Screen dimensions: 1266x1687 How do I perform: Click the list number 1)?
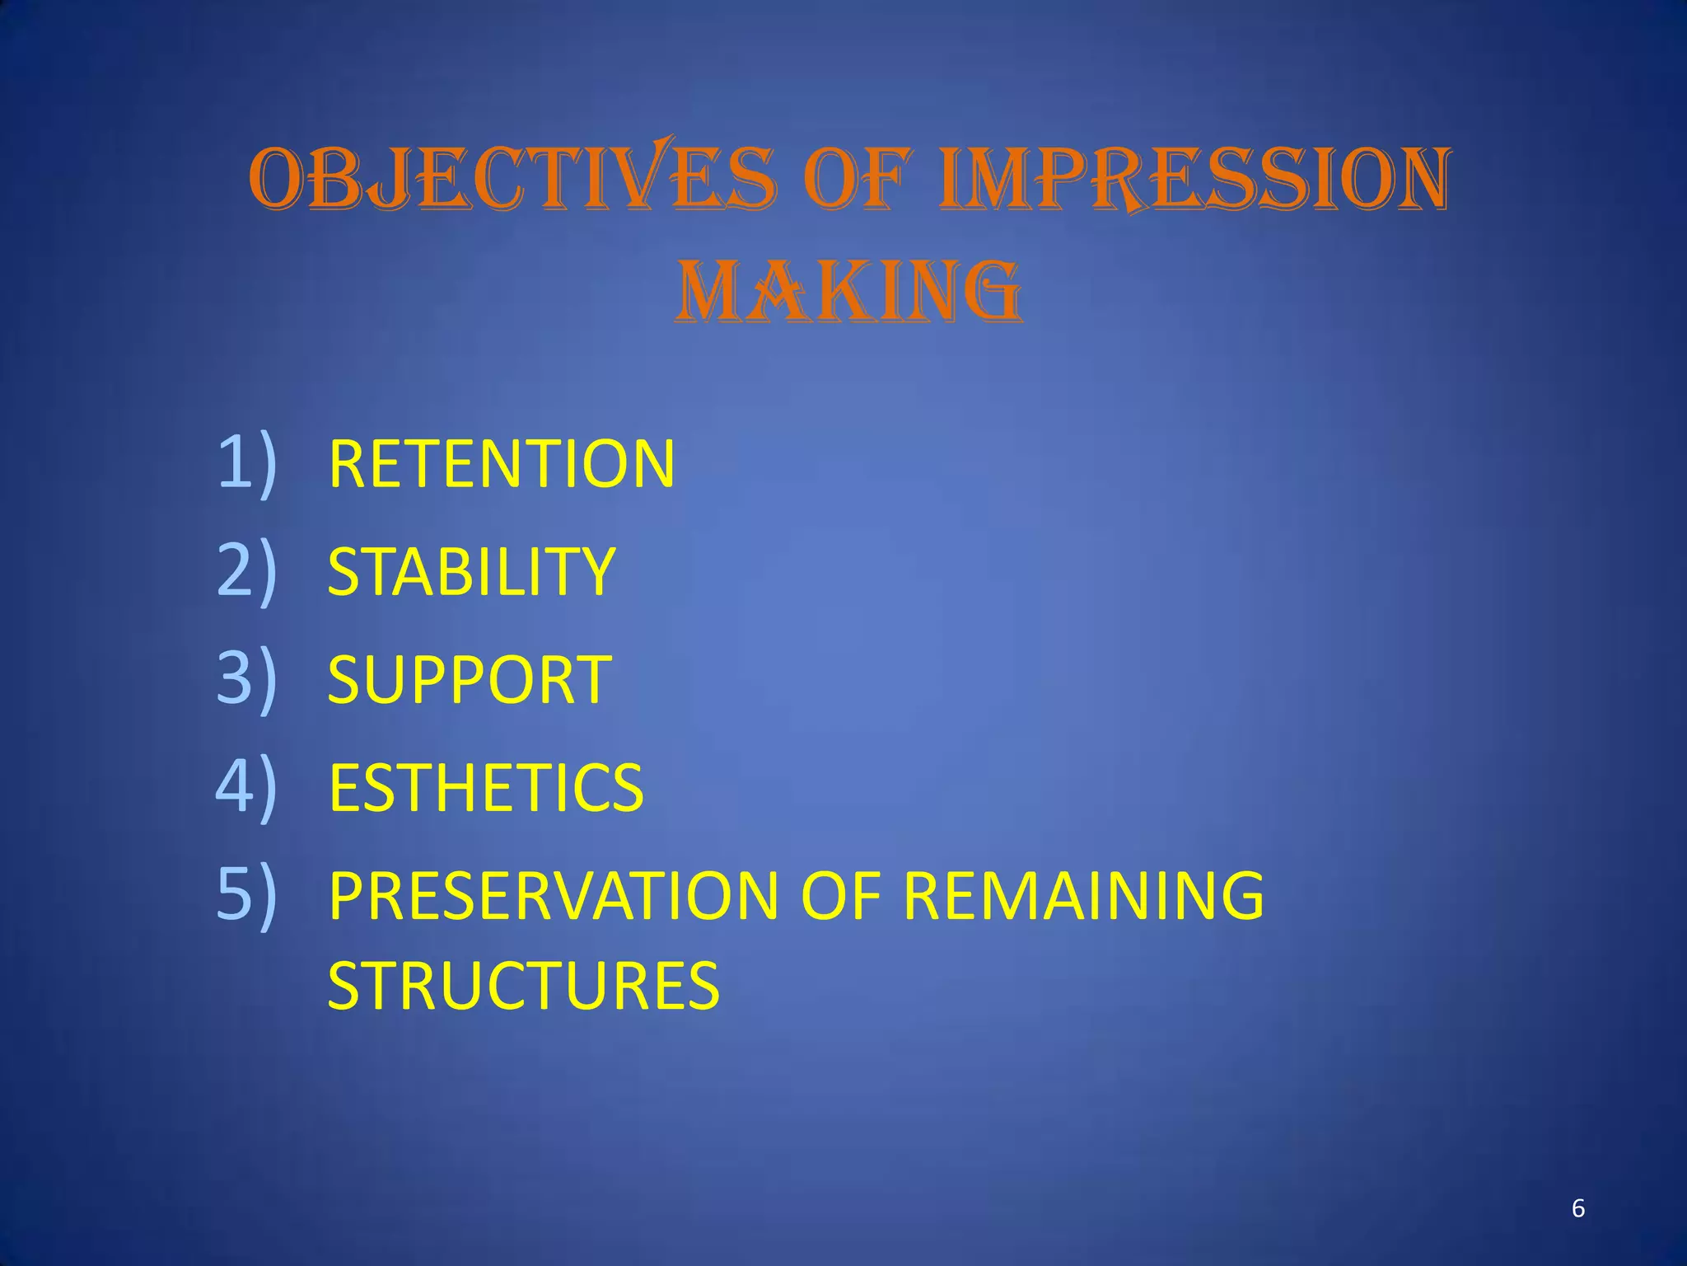click(246, 463)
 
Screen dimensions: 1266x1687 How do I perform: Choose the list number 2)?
click(246, 570)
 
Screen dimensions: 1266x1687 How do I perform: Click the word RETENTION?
click(502, 464)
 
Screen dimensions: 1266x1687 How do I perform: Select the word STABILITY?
click(471, 571)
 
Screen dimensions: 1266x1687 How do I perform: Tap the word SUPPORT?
click(470, 679)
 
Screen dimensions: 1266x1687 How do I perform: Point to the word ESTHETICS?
click(486, 787)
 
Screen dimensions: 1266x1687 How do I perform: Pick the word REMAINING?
click(1083, 896)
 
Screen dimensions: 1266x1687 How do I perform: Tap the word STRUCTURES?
click(524, 985)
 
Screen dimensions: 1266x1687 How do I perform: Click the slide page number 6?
click(1578, 1208)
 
